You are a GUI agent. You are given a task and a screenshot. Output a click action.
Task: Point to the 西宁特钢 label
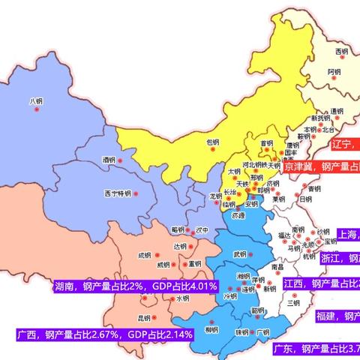(x=118, y=193)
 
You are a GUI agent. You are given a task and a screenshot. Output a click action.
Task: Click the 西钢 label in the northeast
(x=341, y=51)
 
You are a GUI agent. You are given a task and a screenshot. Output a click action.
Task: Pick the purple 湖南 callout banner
(x=136, y=286)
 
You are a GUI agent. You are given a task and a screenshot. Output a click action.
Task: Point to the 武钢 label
(x=239, y=254)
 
